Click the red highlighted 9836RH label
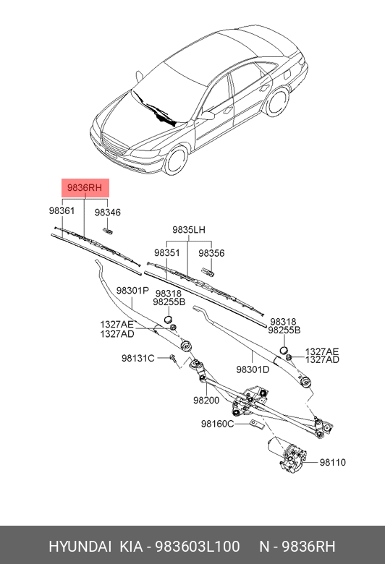pyautogui.click(x=85, y=188)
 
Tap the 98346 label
pyautogui.click(x=107, y=213)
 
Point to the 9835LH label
pyautogui.click(x=189, y=230)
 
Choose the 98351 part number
pyautogui.click(x=166, y=254)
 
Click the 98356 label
pyautogui.click(x=211, y=254)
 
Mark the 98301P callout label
pyautogui.click(x=132, y=290)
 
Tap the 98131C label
pyautogui.click(x=138, y=359)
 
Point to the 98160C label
pyautogui.click(x=217, y=424)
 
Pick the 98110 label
pyautogui.click(x=333, y=462)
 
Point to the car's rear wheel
pyautogui.click(x=276, y=102)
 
